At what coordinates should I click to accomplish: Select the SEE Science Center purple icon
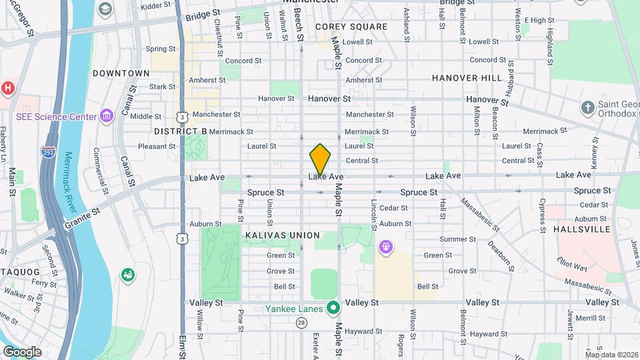pyautogui.click(x=106, y=117)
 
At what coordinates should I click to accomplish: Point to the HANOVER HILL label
pyautogui.click(x=467, y=78)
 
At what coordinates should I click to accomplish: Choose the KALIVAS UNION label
pyautogui.click(x=283, y=235)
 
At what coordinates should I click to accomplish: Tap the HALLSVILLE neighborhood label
pyautogui.click(x=582, y=229)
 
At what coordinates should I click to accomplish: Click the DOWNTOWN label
pyautogui.click(x=121, y=73)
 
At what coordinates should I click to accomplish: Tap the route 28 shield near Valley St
pyautogui.click(x=302, y=323)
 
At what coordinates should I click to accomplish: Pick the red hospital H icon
pyautogui.click(x=7, y=88)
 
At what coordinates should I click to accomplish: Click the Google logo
pyautogui.click(x=23, y=351)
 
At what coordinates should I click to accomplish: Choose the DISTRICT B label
pyautogui.click(x=180, y=131)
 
